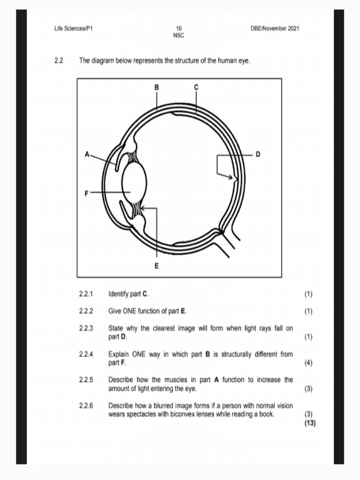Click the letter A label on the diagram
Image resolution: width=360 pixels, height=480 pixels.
(x=87, y=154)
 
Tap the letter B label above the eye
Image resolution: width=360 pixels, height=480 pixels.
(x=157, y=87)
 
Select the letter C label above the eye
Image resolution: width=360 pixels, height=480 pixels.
(x=196, y=87)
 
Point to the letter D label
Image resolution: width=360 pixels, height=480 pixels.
(x=257, y=154)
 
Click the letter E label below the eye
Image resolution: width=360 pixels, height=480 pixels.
(x=157, y=266)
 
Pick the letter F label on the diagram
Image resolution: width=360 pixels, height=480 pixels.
(x=87, y=192)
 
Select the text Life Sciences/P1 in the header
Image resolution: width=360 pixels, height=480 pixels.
(x=74, y=29)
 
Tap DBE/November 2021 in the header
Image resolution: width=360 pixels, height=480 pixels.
(x=275, y=29)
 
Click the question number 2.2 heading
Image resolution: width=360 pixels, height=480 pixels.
(x=59, y=60)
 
